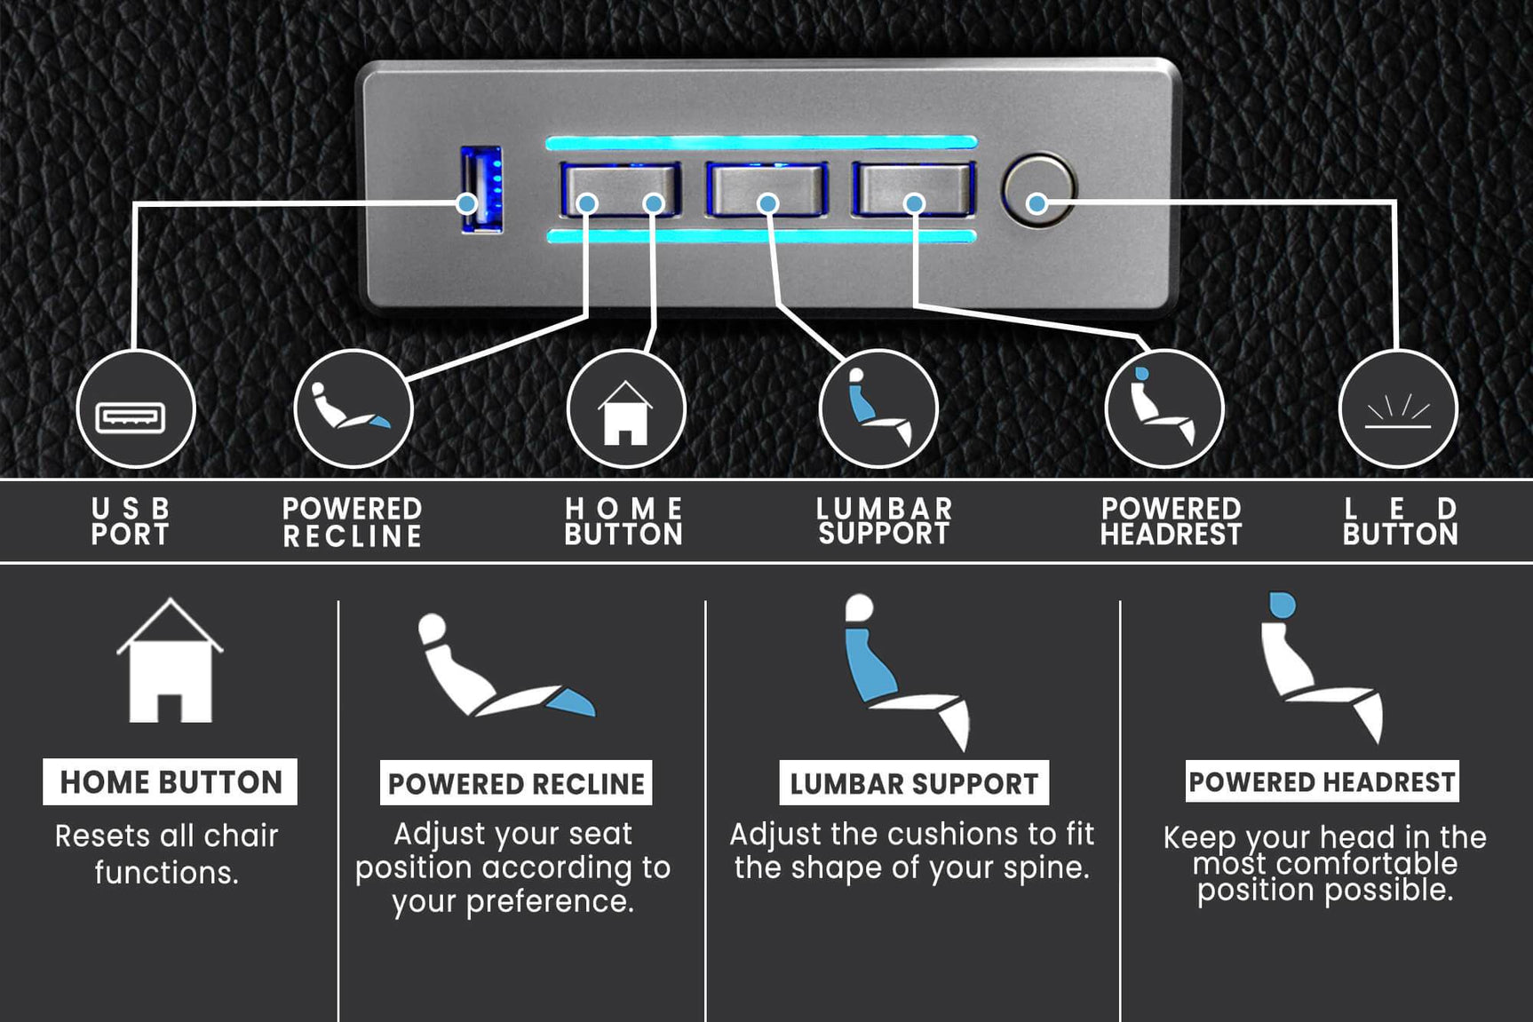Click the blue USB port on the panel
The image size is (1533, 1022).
click(x=481, y=190)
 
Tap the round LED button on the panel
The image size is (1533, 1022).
click(x=1037, y=190)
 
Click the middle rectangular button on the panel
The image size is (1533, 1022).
click(x=766, y=188)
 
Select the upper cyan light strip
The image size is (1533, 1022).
click(x=761, y=142)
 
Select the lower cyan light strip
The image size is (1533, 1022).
click(x=761, y=236)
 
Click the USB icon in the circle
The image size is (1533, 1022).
click(x=131, y=416)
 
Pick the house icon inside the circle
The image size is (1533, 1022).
click(x=625, y=412)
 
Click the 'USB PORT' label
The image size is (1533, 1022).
click(x=131, y=521)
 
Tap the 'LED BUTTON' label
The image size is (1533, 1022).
click(x=1400, y=521)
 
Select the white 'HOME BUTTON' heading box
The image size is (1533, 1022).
click(x=170, y=781)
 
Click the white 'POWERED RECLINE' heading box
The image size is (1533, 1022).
click(x=516, y=783)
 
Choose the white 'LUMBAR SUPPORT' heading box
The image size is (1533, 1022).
click(x=914, y=783)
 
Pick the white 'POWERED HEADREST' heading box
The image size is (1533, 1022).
click(x=1322, y=781)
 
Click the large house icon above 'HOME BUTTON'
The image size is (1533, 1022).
click(x=170, y=661)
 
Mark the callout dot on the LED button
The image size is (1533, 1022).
click(x=1037, y=203)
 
